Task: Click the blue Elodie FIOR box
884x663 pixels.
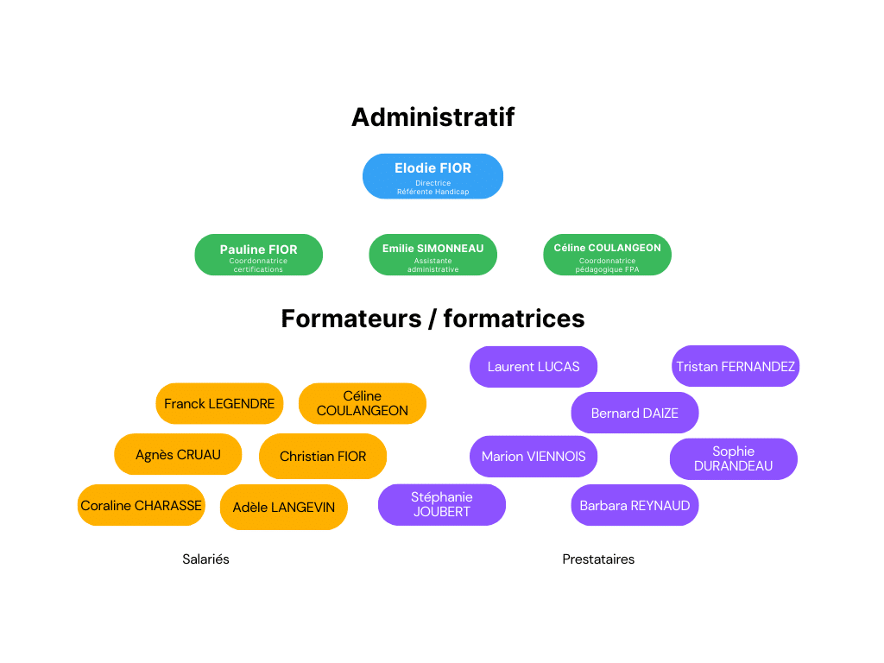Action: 433,176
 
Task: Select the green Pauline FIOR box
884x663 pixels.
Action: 258,255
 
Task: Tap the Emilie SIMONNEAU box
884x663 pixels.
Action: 433,255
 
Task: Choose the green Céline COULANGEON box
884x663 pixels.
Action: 607,255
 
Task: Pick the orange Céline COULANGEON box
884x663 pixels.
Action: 363,403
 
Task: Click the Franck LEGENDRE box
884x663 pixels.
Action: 219,403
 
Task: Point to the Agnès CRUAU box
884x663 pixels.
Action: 178,454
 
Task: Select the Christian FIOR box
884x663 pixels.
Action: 323,456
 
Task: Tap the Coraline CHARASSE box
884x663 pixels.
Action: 142,505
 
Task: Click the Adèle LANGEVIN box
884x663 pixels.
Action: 284,507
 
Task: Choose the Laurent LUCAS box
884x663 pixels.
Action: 534,366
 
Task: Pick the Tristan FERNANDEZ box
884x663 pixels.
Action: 736,366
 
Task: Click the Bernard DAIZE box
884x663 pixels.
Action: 635,413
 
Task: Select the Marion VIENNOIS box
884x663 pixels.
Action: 534,456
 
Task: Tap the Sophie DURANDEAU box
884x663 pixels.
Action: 734,458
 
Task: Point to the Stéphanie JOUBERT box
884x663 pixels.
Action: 442,504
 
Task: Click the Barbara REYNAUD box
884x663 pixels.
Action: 635,505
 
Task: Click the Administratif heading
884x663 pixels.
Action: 433,117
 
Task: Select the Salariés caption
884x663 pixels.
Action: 206,559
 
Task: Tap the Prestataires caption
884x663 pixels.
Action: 598,559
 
